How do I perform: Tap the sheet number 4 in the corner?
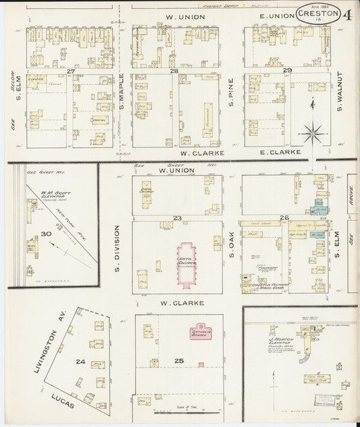point(346,12)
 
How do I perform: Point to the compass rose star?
point(313,131)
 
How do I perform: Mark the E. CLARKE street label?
point(280,153)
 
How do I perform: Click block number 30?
point(46,233)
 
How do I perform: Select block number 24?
point(80,361)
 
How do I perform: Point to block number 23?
point(177,218)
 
